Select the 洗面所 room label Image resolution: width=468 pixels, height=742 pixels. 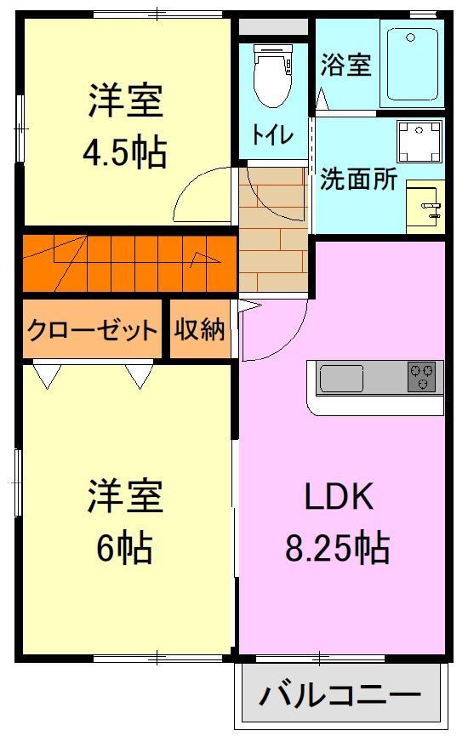click(358, 180)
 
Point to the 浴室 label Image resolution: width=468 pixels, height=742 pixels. click(346, 66)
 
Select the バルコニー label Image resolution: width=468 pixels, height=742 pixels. click(340, 696)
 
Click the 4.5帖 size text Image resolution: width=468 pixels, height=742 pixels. click(124, 153)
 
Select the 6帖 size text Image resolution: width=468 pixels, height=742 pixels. click(124, 549)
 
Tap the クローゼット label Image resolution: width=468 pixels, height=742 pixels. click(92, 329)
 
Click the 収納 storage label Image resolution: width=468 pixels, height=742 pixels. click(200, 329)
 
